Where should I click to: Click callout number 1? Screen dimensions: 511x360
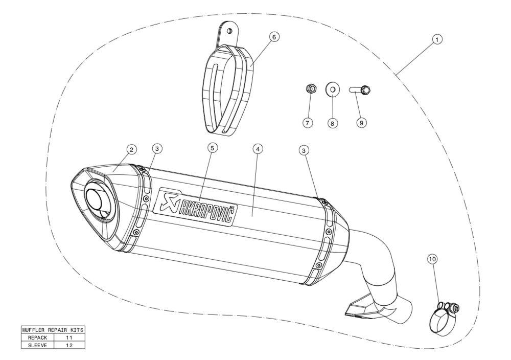pos(437,39)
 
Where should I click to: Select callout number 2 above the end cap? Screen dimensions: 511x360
pos(131,150)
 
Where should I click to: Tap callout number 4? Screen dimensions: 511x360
pos(258,149)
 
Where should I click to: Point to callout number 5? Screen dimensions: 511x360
pos(212,148)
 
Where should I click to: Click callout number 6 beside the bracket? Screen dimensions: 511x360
pos(274,37)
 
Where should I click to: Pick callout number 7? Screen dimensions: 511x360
pos(308,123)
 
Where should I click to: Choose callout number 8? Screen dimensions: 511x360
pos(333,123)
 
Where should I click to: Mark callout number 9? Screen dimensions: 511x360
pos(361,123)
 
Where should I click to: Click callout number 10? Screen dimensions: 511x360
pos(432,259)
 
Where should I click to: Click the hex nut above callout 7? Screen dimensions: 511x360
pos(311,88)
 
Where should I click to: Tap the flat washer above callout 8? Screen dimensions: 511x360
pos(333,89)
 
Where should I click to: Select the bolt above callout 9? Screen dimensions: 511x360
pos(360,89)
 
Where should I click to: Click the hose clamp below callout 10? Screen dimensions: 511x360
pos(444,318)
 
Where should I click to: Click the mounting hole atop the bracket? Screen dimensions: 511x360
pos(229,31)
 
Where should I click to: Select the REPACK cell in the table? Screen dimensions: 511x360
pos(37,338)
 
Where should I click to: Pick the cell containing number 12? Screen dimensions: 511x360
pos(69,345)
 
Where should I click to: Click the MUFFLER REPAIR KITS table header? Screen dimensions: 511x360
pos(53,330)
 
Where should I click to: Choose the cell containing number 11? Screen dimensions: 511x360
pos(69,338)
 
